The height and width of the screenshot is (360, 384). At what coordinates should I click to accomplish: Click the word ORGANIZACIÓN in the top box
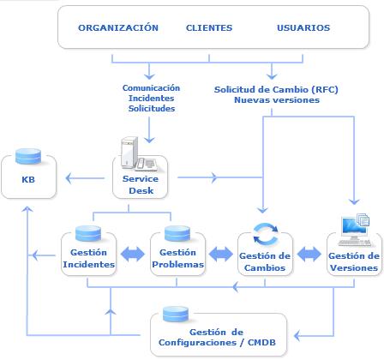coord(118,27)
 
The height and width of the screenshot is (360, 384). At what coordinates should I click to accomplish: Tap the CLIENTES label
coord(209,27)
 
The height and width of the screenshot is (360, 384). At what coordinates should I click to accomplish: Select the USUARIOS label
coord(303,27)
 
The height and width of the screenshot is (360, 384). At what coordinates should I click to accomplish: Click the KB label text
coord(28,179)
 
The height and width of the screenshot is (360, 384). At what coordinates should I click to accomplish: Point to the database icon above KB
coord(28,156)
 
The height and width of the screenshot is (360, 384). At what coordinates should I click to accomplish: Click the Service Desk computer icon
coord(139,154)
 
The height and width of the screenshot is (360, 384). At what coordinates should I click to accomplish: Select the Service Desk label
coord(141,184)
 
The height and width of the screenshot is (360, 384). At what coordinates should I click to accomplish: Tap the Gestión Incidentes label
coord(88,258)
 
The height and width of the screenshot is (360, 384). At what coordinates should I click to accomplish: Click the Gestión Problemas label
coord(177,258)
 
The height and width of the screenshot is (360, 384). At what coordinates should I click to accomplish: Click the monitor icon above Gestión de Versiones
coord(354,230)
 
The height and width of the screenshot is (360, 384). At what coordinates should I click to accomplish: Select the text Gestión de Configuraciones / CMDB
coord(217,337)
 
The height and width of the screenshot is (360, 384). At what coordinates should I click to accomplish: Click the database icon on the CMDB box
coord(176,315)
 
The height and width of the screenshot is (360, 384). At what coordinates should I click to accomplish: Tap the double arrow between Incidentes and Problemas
coord(133,254)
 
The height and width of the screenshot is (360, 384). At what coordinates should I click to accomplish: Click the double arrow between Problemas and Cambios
coord(221,254)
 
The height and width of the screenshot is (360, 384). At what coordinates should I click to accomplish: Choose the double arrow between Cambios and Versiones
coord(309,254)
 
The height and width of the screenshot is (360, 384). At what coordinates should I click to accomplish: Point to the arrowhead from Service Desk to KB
coord(69,178)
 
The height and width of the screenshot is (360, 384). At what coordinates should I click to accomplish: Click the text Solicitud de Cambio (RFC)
coord(276,89)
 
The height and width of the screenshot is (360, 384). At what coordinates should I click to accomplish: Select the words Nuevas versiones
coord(277,100)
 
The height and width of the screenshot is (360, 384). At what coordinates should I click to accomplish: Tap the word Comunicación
coord(151,87)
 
